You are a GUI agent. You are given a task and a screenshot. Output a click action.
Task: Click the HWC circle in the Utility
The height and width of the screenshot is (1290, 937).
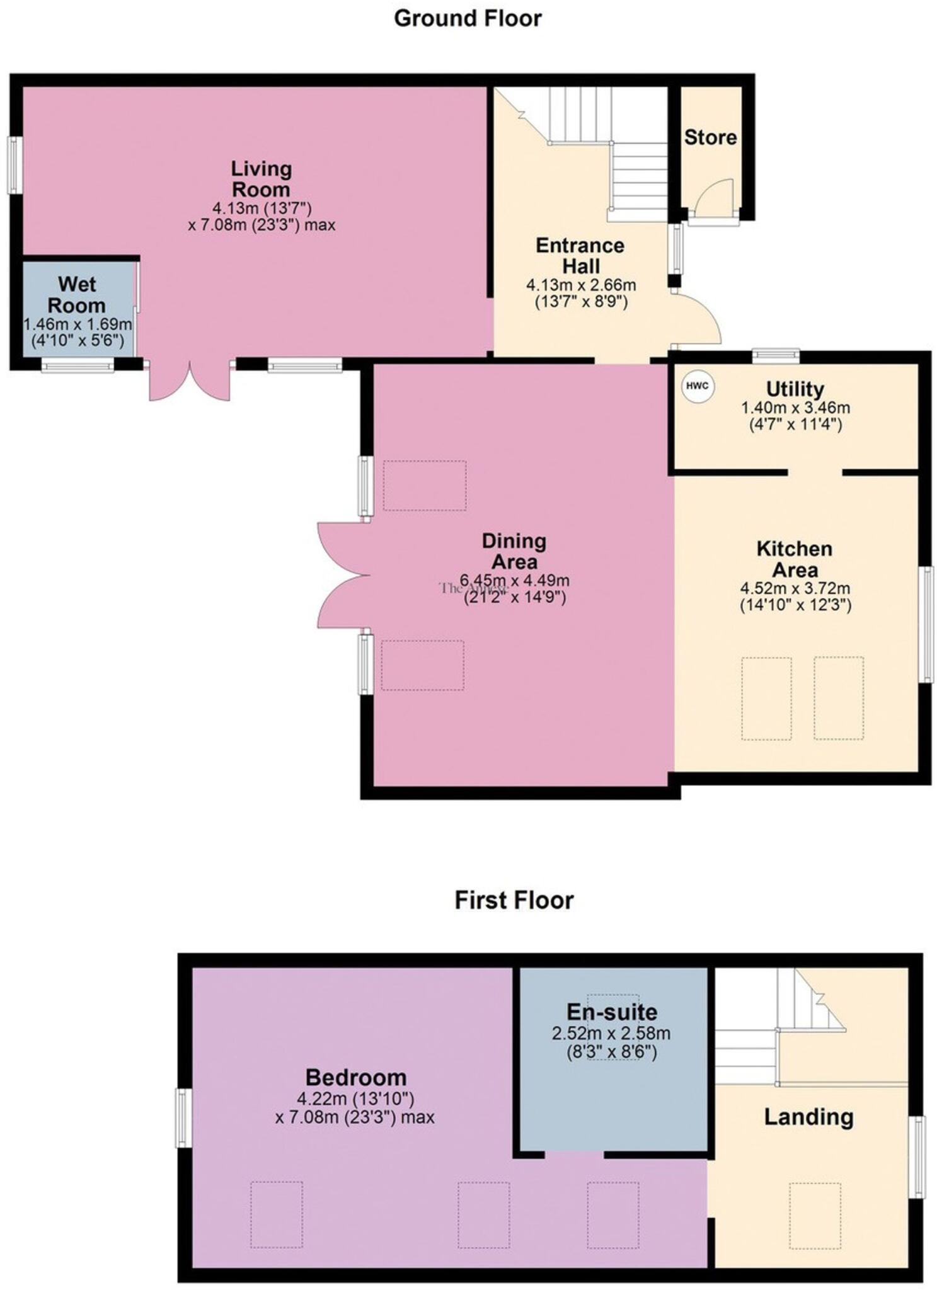pyautogui.click(x=697, y=386)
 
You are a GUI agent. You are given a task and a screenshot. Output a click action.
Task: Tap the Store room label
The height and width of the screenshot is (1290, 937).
pyautogui.click(x=710, y=137)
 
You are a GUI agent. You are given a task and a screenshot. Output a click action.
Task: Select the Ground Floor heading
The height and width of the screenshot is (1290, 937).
pyautogui.click(x=468, y=18)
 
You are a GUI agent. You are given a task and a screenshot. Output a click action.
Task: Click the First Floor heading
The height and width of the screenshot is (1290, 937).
pyautogui.click(x=514, y=900)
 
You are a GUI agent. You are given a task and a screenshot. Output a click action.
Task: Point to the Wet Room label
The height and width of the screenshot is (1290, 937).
pyautogui.click(x=76, y=295)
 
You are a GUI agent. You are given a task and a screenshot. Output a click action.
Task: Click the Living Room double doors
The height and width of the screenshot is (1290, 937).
pyautogui.click(x=189, y=381)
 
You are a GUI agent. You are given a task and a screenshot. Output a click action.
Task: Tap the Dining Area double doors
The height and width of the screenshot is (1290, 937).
pyautogui.click(x=343, y=574)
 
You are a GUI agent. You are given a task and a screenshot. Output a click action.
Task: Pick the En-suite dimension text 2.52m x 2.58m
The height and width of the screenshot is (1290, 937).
pyautogui.click(x=611, y=1033)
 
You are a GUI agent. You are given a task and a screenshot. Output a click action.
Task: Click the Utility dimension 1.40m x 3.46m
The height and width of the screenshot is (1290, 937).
pyautogui.click(x=795, y=407)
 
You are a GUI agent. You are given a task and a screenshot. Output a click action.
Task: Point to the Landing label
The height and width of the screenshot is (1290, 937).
pyautogui.click(x=808, y=1117)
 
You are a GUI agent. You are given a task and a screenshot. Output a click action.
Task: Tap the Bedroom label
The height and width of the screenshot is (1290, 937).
pyautogui.click(x=355, y=1077)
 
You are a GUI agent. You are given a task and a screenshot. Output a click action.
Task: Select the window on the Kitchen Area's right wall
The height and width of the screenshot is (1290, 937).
pyautogui.click(x=926, y=624)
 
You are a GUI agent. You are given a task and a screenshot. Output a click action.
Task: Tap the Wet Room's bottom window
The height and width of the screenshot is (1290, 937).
pyautogui.click(x=78, y=365)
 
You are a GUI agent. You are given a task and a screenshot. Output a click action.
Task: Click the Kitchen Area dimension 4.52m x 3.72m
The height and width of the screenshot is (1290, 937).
pyautogui.click(x=795, y=588)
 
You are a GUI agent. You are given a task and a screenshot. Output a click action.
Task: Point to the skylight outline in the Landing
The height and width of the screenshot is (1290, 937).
pyautogui.click(x=815, y=1215)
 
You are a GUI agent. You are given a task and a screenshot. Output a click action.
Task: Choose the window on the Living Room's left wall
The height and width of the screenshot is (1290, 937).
pyautogui.click(x=13, y=165)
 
